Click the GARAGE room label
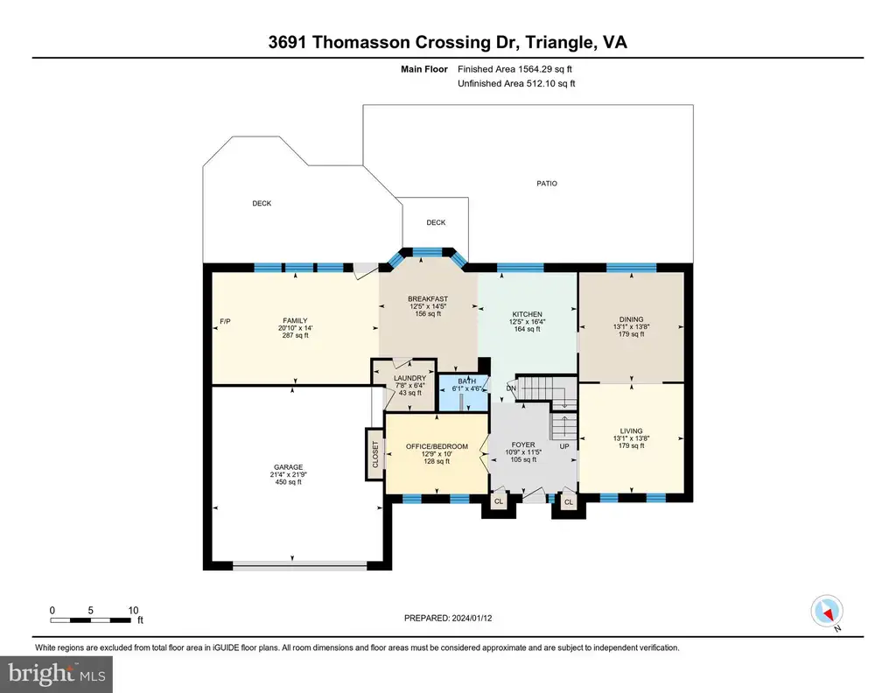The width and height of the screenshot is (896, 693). click(288, 466)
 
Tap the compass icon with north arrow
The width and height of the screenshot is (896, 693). click(827, 612)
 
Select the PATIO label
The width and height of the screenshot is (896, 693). click(547, 184)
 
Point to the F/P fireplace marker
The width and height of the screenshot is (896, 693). click(225, 322)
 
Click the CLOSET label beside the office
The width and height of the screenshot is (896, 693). click(375, 454)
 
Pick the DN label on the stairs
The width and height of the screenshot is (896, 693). click(511, 388)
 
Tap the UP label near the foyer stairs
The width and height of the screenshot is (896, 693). click(564, 446)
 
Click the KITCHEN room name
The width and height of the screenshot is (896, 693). click(527, 314)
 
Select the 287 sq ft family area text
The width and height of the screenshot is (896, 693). click(296, 335)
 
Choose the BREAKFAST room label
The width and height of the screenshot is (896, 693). click(428, 298)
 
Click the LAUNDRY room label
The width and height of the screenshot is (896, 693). click(409, 378)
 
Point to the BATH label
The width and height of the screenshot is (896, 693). click(467, 381)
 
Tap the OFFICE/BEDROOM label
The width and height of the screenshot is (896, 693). click(437, 446)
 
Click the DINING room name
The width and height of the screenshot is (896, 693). click(632, 319)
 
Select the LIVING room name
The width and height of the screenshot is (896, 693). click(632, 430)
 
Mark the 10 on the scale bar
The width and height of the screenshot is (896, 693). click(133, 610)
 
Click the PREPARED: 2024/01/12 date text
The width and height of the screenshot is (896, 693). click(448, 618)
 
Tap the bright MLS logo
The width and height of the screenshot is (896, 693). click(57, 674)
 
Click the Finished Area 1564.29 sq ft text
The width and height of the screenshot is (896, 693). click(514, 69)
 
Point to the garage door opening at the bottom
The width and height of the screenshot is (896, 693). click(299, 566)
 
